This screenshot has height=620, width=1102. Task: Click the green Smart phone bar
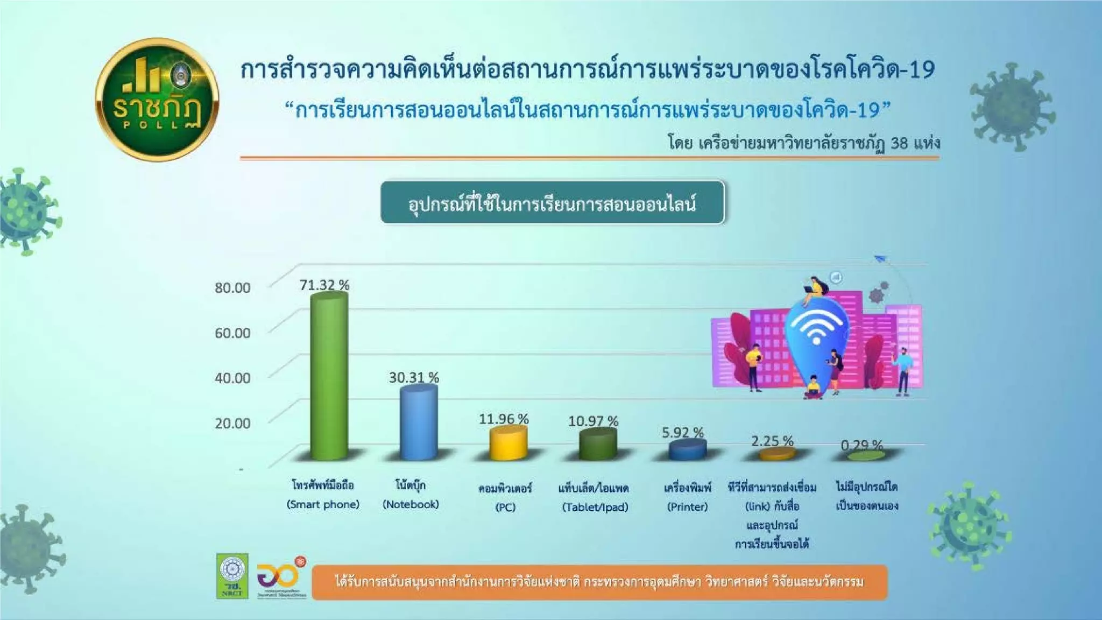(329, 377)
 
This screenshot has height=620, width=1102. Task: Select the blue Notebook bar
(418, 423)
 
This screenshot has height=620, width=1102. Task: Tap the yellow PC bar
(507, 443)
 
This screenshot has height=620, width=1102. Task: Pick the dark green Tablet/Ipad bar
(597, 445)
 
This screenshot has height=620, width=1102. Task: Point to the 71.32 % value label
(324, 285)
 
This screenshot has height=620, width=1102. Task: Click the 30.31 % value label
(414, 378)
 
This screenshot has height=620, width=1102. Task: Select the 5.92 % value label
(682, 433)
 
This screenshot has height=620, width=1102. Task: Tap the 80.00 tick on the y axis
(232, 288)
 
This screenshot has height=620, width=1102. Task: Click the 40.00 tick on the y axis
(232, 378)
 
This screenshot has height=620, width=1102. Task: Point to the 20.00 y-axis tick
(232, 424)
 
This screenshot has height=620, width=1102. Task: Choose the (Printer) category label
(687, 507)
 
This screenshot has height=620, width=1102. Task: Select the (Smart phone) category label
(323, 505)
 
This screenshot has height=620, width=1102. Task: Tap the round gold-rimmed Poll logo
(157, 100)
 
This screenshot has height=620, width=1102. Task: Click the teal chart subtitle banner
(552, 203)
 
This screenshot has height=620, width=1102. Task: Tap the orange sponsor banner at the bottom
(599, 582)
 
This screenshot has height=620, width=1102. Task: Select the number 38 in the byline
(899, 143)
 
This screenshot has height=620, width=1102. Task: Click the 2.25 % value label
(772, 441)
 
